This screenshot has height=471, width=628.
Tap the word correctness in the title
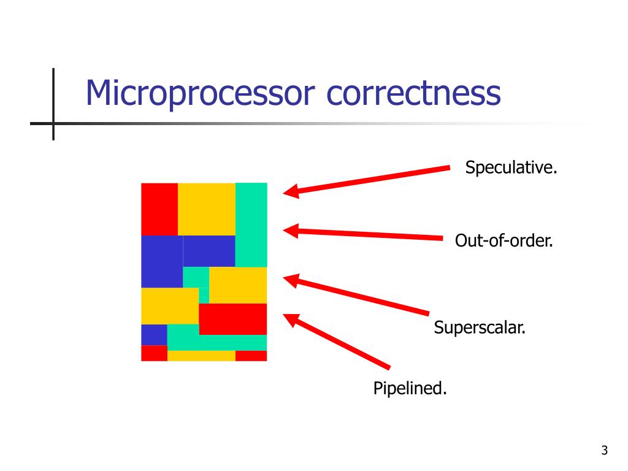pos(414,94)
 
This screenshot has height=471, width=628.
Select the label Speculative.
pos(511,167)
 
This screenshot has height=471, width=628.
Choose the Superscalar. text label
pos(480,327)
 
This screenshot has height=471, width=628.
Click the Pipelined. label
pos(410,388)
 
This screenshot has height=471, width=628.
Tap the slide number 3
pos(604,451)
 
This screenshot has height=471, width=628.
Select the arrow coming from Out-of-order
pos(368,234)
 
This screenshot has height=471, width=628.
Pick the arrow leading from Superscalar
pos(362,296)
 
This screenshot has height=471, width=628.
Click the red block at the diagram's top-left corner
pos(159,209)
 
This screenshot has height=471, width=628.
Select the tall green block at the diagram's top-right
pos(251,224)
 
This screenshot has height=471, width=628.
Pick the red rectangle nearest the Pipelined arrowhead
pos(233,319)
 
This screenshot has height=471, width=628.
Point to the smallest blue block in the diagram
pos(154,335)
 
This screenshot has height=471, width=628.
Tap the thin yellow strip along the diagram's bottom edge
pos(201,356)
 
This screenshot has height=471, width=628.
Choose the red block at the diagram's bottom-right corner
pos(251,356)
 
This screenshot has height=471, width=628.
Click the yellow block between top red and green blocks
pos(207,209)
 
